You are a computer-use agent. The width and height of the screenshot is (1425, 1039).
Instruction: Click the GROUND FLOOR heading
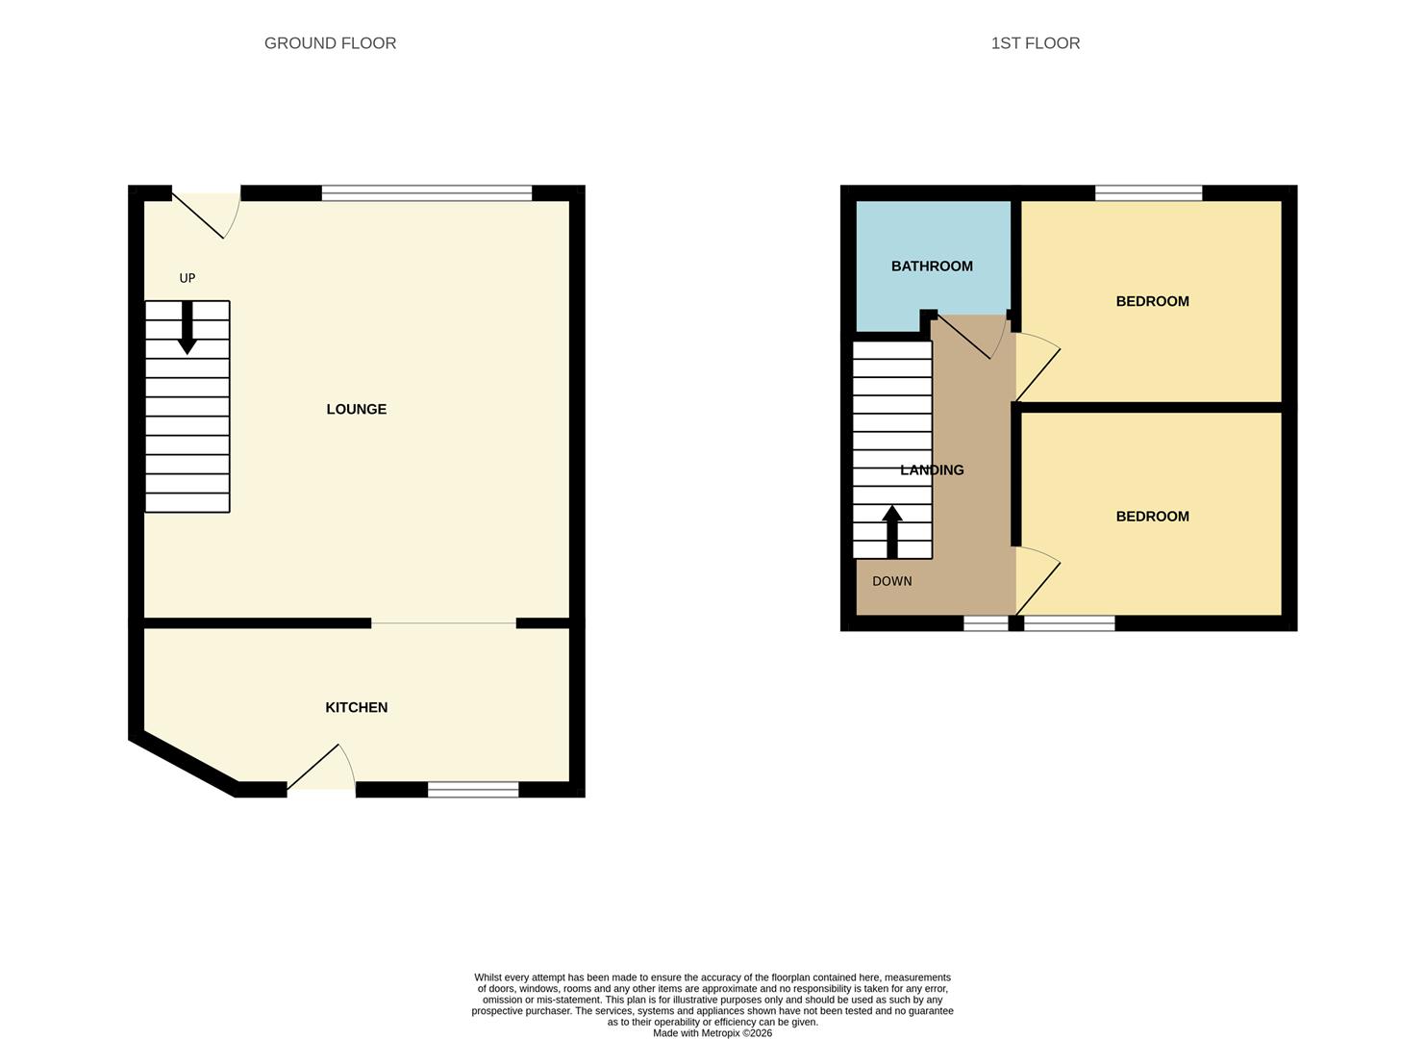[330, 43]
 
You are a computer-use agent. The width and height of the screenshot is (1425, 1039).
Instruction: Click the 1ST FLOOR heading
[1035, 43]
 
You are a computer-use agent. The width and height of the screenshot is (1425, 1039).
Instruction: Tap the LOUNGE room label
[356, 409]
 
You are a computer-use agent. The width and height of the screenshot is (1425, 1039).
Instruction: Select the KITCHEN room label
[356, 707]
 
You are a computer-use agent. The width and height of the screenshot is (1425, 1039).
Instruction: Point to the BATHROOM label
[932, 266]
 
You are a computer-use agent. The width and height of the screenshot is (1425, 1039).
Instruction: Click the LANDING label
[932, 470]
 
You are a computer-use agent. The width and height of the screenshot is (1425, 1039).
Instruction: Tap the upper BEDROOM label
[1152, 301]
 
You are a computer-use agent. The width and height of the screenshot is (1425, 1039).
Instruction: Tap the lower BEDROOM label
[1152, 517]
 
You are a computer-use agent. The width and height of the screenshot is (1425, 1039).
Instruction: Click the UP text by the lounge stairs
[187, 278]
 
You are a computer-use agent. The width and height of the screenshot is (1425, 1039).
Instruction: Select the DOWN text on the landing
[891, 581]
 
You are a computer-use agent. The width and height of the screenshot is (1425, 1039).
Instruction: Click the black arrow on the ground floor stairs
[187, 327]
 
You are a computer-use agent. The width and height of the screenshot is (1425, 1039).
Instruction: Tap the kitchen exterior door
[322, 770]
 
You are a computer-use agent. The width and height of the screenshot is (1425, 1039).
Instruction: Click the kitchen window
[473, 790]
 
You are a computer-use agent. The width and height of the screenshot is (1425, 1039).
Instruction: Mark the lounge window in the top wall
[427, 193]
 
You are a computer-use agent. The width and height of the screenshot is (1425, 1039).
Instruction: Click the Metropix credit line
[712, 1033]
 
